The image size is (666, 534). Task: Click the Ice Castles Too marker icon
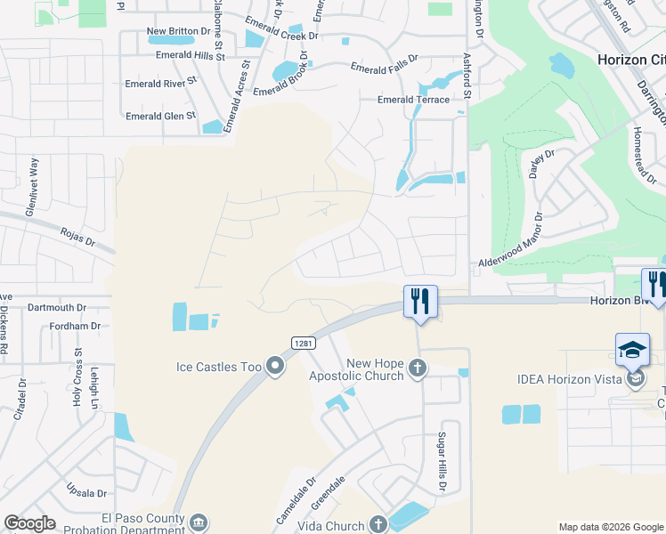[x=275, y=364]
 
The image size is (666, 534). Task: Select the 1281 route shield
[x=301, y=343]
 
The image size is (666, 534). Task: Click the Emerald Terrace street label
[x=413, y=100]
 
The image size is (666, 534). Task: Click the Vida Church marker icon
[x=378, y=522]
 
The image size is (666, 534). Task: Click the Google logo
[x=29, y=523]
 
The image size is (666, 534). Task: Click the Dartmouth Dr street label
[x=55, y=307]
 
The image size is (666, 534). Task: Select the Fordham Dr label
[x=75, y=327]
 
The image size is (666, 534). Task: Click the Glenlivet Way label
[x=34, y=177]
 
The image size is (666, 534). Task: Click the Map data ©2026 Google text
[x=611, y=527]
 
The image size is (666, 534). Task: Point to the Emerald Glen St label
[x=160, y=116]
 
